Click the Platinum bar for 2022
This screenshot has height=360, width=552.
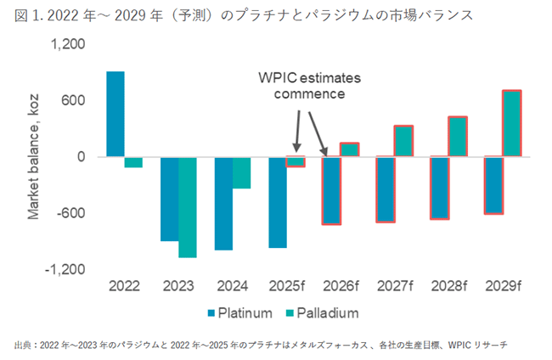(x=115, y=114)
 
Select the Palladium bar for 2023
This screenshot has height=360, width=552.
(x=188, y=206)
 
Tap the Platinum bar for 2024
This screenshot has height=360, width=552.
(x=223, y=203)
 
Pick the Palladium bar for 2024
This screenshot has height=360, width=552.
(x=241, y=172)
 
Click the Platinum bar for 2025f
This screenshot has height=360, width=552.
(x=278, y=202)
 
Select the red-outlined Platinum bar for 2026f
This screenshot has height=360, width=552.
(x=331, y=190)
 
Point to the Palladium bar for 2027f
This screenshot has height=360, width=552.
(x=403, y=141)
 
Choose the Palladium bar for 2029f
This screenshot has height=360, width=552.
(x=511, y=123)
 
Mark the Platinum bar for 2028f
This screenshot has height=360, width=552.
(x=439, y=188)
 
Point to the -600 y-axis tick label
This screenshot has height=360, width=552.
(x=71, y=213)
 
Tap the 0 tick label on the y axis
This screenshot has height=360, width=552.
(x=82, y=157)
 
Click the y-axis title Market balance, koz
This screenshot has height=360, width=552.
(x=35, y=157)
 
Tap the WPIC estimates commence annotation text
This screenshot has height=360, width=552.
(x=310, y=86)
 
